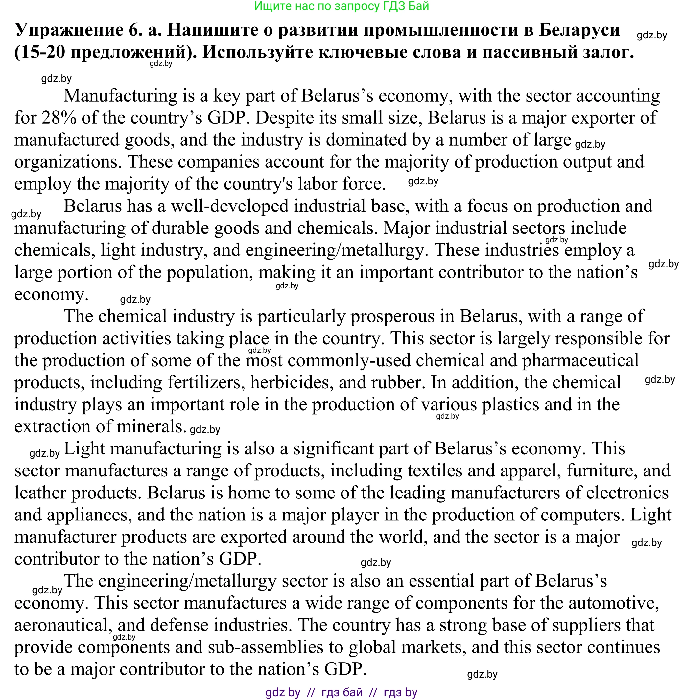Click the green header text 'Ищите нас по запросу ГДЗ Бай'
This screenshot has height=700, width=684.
[x=341, y=6]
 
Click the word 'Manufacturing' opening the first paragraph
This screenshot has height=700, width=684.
[x=120, y=96]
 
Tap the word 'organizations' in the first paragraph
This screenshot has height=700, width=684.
[x=66, y=162]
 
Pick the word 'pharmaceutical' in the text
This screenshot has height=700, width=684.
[x=580, y=360]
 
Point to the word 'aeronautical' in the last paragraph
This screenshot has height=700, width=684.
[x=61, y=625]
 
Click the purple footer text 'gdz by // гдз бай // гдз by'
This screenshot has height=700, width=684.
[x=341, y=692]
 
